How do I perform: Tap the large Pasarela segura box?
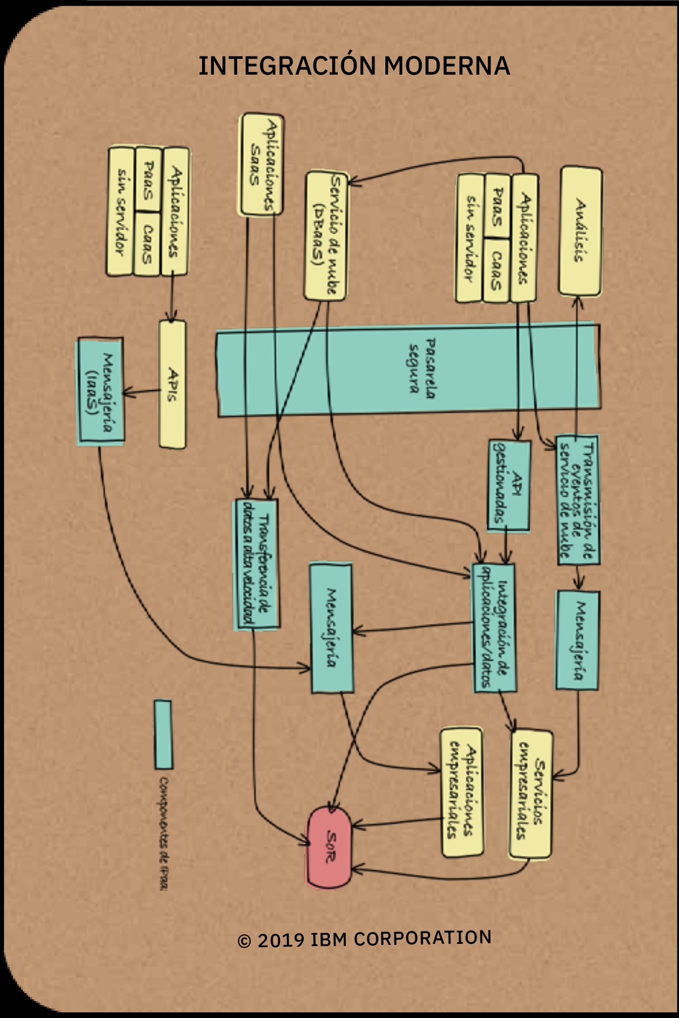[407, 370]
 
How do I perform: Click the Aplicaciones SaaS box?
[262, 164]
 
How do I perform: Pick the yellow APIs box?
[173, 385]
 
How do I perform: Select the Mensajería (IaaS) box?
[100, 390]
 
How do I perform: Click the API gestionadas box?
[509, 485]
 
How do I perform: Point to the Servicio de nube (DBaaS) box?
[326, 236]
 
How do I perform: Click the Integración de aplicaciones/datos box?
[494, 628]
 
